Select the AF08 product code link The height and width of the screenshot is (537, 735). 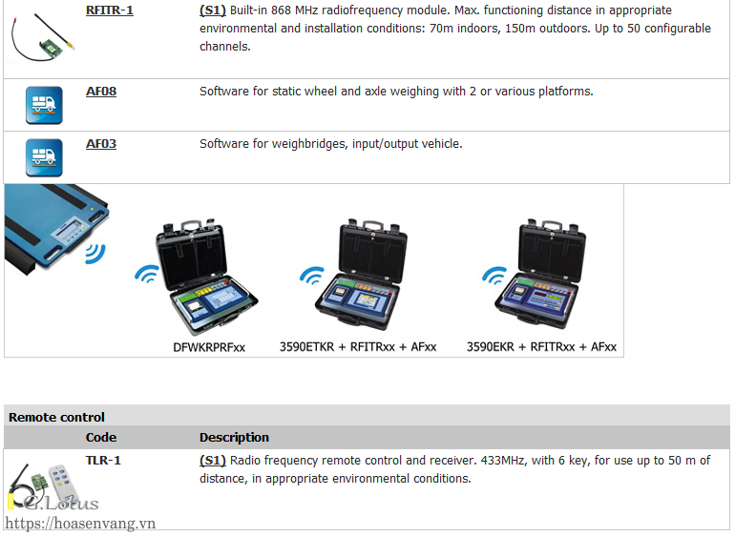[101, 92]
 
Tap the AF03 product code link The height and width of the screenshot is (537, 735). [101, 144]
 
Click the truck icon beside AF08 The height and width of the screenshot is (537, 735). [44, 105]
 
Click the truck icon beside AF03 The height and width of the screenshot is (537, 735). [44, 157]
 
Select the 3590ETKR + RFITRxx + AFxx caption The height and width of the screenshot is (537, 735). [358, 347]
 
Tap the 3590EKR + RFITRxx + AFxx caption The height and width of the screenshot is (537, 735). [541, 347]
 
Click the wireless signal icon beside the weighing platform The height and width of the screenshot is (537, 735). [94, 253]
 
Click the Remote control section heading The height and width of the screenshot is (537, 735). [56, 417]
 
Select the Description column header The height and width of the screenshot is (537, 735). [234, 438]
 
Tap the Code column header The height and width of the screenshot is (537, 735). [101, 438]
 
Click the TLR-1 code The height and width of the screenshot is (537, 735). [103, 461]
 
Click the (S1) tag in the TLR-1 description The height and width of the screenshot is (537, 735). [212, 461]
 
